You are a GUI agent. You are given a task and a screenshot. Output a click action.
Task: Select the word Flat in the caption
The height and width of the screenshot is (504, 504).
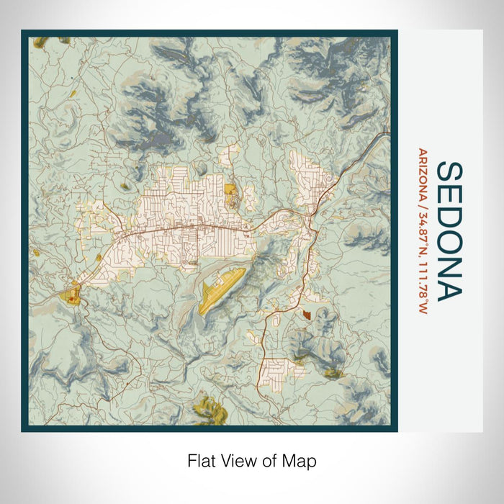tap(201, 460)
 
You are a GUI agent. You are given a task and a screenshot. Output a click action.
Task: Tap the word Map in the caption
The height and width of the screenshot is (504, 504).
tap(301, 460)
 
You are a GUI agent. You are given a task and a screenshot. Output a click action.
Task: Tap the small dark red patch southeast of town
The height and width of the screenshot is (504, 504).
tap(307, 314)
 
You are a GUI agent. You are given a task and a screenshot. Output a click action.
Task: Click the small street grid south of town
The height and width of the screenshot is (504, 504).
tap(276, 371)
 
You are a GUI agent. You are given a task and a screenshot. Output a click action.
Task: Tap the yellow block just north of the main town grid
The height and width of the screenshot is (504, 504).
tap(230, 189)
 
